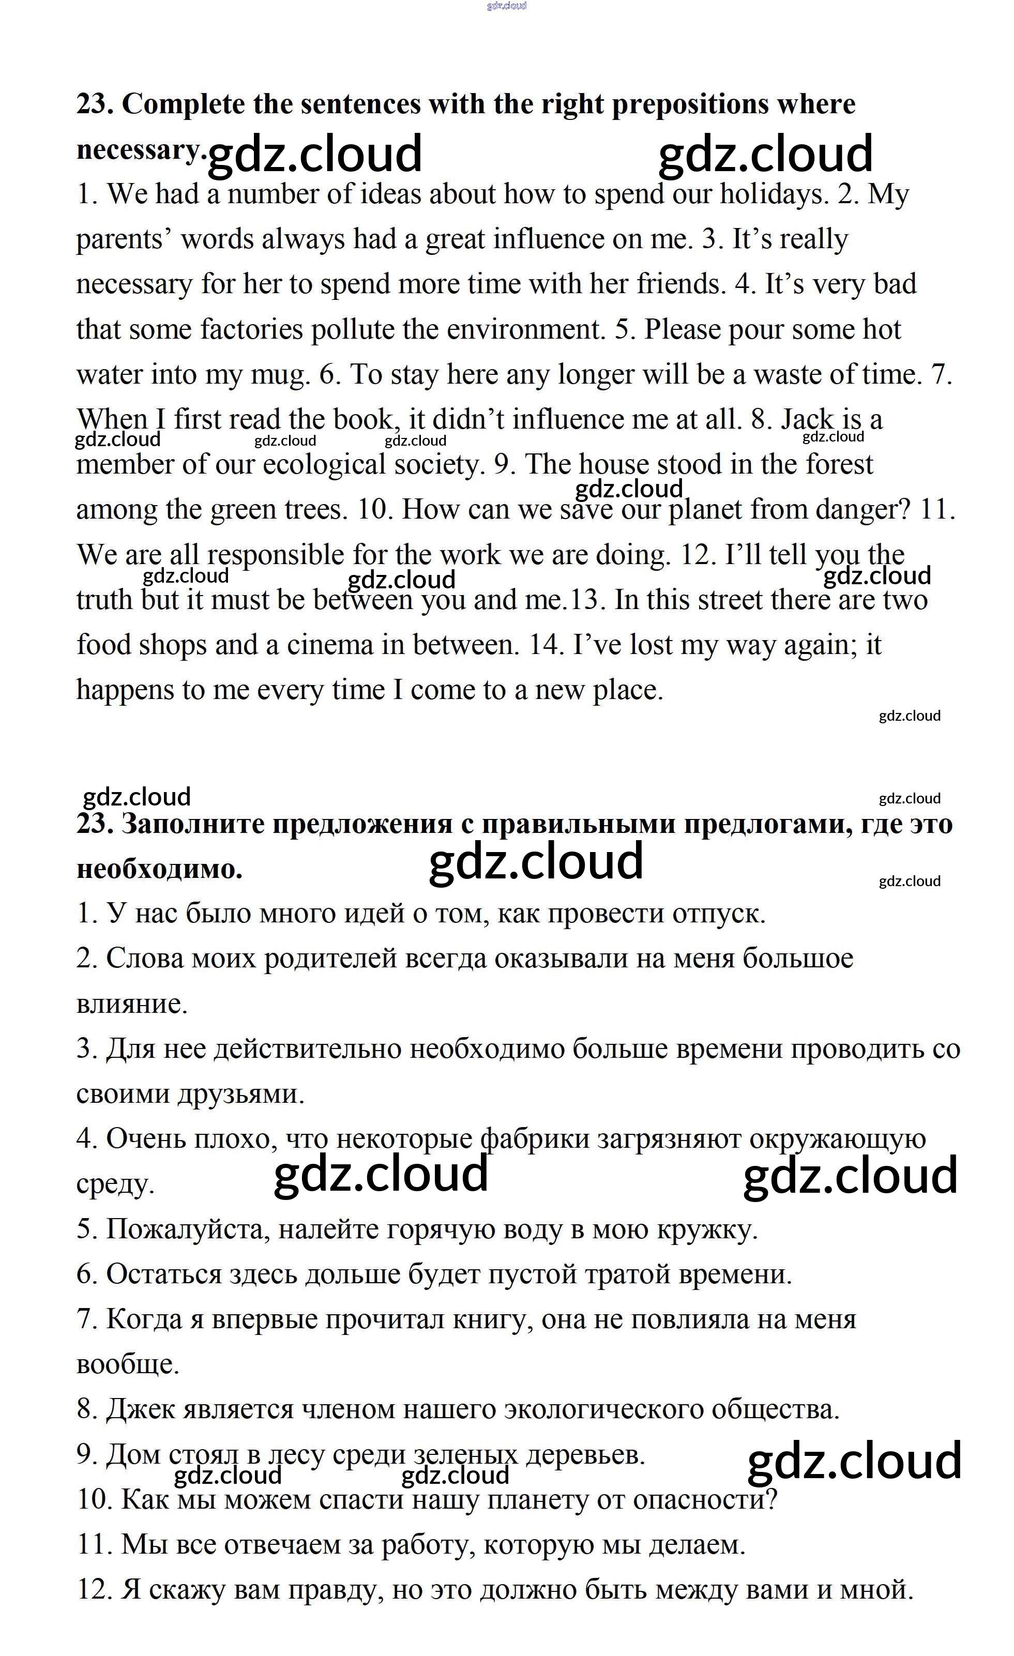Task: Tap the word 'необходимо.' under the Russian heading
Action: coord(160,870)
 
